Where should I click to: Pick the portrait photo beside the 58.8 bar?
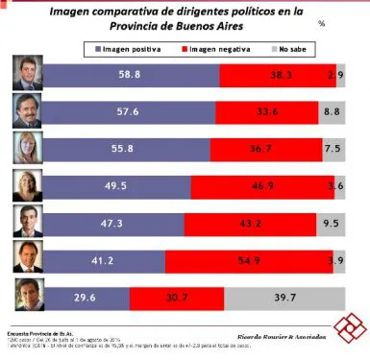[x=25, y=73]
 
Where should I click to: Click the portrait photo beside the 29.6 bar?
[x=25, y=298]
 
